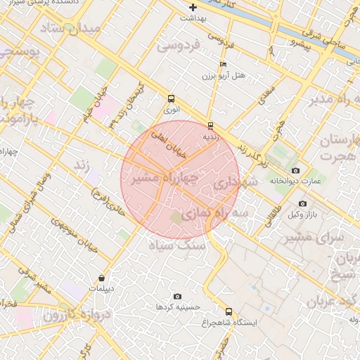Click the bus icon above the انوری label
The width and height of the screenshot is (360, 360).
coord(172,99)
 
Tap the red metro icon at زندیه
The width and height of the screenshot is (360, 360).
coord(210,126)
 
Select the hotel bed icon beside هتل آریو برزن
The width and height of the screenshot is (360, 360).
coord(224,64)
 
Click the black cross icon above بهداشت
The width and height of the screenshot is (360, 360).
coord(193,8)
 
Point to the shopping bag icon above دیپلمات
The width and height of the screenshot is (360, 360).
coord(103,278)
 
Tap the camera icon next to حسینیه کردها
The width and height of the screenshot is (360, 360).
coord(177,297)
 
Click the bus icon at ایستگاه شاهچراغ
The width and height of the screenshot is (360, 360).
coord(229,311)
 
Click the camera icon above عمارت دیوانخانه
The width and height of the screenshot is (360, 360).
coord(295,171)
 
